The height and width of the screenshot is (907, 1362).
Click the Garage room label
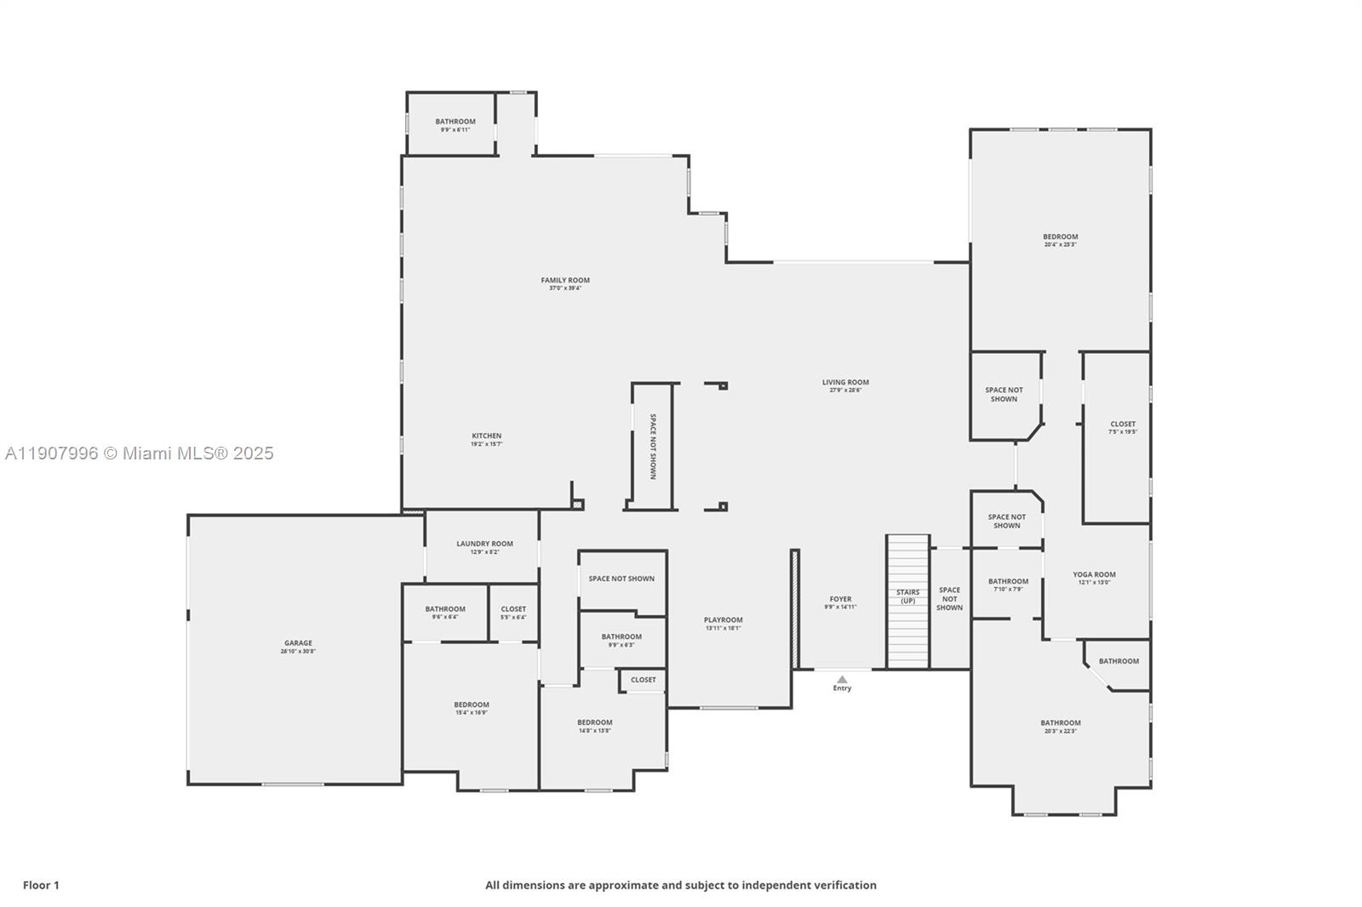click(298, 643)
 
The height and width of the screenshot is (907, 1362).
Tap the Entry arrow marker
click(842, 679)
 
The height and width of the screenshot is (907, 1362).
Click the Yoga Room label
click(1094, 574)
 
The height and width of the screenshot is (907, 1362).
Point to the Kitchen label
click(486, 436)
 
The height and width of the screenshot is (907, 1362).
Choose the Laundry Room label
click(484, 544)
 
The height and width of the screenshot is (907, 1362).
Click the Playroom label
click(723, 619)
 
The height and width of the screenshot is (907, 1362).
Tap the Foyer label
click(840, 599)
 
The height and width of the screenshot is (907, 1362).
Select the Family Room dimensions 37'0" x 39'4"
click(565, 288)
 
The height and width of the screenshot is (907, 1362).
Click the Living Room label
click(845, 382)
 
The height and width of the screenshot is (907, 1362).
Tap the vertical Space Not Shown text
click(653, 447)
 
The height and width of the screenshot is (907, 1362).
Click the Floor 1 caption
click(41, 885)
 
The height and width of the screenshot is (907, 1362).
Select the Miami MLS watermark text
click(140, 453)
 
